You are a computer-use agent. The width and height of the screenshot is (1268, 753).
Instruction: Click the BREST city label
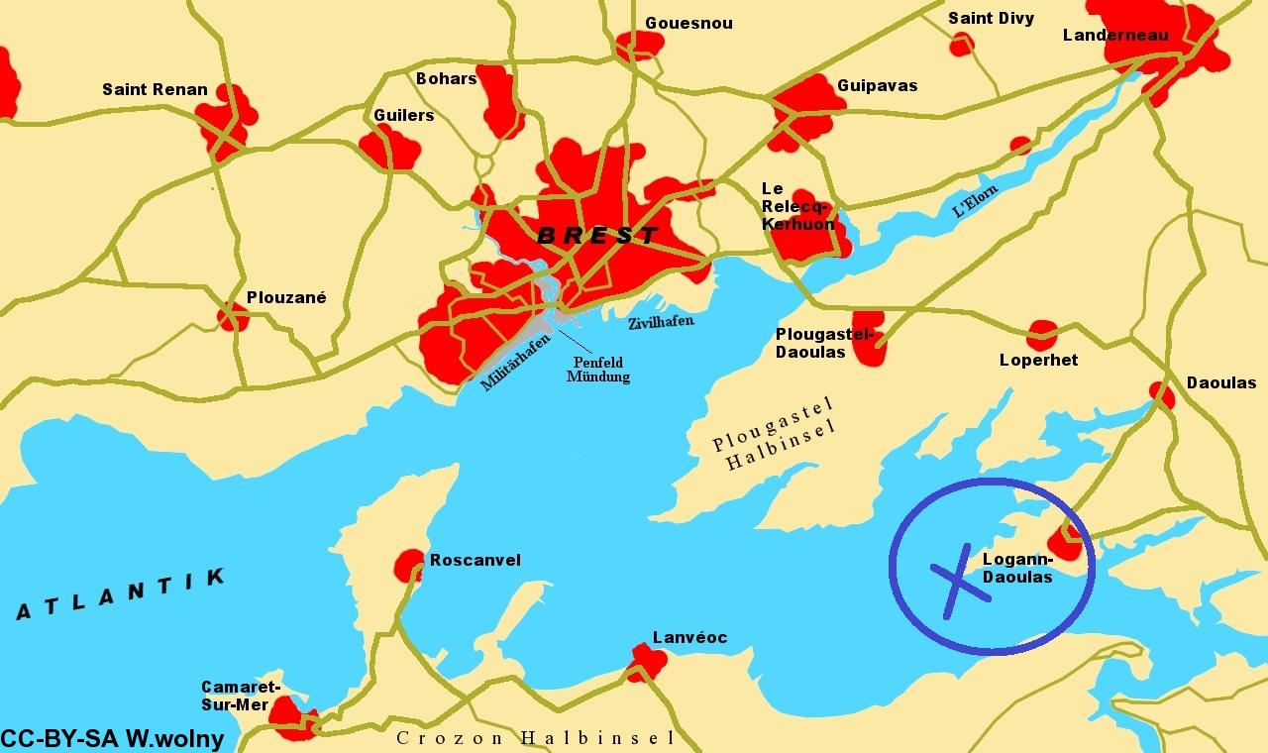coord(596,236)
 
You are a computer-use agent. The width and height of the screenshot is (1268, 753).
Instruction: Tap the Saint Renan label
coord(155,90)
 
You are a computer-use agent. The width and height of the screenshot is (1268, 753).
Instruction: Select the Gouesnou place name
coord(688,23)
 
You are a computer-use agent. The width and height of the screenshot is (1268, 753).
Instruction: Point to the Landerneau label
coord(1115,36)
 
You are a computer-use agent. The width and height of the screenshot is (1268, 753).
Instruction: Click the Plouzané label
coord(286,297)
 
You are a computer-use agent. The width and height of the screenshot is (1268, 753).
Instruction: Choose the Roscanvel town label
coord(475,561)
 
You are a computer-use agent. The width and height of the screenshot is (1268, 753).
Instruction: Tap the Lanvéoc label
coord(689,637)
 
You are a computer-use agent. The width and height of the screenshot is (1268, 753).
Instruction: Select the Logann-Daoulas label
coord(1017,568)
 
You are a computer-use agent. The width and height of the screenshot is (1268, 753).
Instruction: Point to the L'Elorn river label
coord(975,201)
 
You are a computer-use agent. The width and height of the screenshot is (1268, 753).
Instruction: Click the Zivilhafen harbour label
coord(661,322)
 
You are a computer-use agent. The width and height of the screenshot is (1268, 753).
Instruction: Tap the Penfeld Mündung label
coord(597,370)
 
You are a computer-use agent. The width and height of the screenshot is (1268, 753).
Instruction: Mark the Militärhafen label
coord(515,363)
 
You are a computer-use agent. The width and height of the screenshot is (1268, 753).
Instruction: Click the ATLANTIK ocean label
coord(120,593)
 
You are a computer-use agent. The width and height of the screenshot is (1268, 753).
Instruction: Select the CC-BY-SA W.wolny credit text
coord(112,739)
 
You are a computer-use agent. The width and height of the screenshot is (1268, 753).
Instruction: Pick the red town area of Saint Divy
coord(961,45)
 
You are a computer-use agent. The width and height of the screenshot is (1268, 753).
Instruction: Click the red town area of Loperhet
coord(1042,335)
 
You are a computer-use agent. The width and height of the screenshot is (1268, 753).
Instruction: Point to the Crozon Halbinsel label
coord(536,738)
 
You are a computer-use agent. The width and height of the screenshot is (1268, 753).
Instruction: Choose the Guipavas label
coord(877,86)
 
